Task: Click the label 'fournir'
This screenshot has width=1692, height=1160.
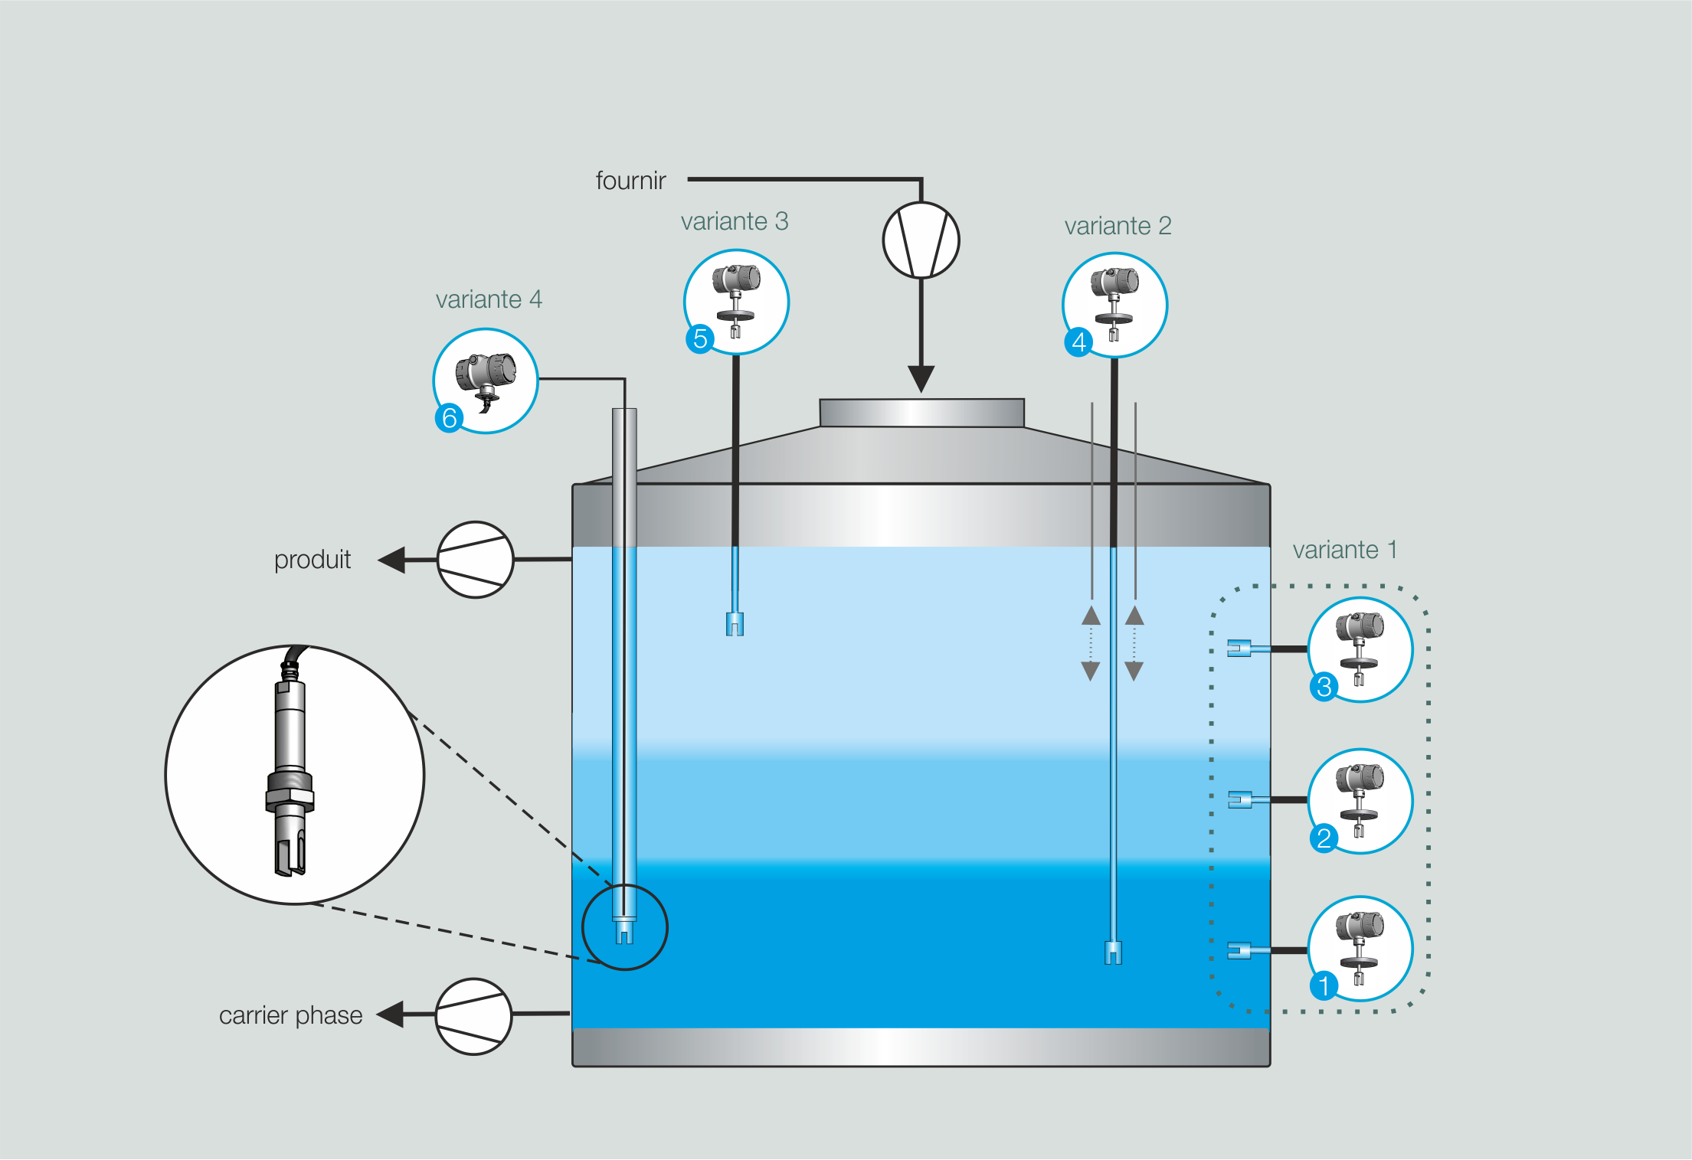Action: pos(630,181)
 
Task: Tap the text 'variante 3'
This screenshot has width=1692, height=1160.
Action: pos(734,221)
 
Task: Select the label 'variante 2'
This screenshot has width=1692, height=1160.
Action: pos(1118,226)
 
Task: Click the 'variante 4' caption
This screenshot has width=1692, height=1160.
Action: pos(489,299)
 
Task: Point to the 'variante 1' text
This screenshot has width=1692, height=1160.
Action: pos(1344,550)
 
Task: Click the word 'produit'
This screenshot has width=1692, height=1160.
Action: pos(313,560)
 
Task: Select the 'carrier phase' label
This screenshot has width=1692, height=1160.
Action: pos(290,1015)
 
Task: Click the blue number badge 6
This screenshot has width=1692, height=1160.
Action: pos(449,418)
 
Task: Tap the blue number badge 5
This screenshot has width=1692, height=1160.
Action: pos(699,338)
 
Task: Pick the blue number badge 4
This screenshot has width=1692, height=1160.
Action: pos(1078,342)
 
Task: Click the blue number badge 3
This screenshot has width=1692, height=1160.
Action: pos(1324,687)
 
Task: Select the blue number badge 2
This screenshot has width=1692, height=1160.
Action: pos(1324,838)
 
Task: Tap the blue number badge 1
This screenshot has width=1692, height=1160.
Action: pos(1324,985)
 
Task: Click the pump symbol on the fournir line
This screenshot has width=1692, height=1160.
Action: pos(921,240)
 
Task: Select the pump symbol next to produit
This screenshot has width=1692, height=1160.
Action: pos(475,560)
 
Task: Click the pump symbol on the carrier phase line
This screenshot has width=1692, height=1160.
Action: pos(473,1016)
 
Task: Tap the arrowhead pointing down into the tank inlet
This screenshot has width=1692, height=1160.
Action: pos(921,378)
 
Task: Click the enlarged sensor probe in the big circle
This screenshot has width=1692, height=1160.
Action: pos(290,773)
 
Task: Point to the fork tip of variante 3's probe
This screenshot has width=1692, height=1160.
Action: pos(735,625)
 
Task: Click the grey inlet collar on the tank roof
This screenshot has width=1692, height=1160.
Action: pos(921,413)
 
